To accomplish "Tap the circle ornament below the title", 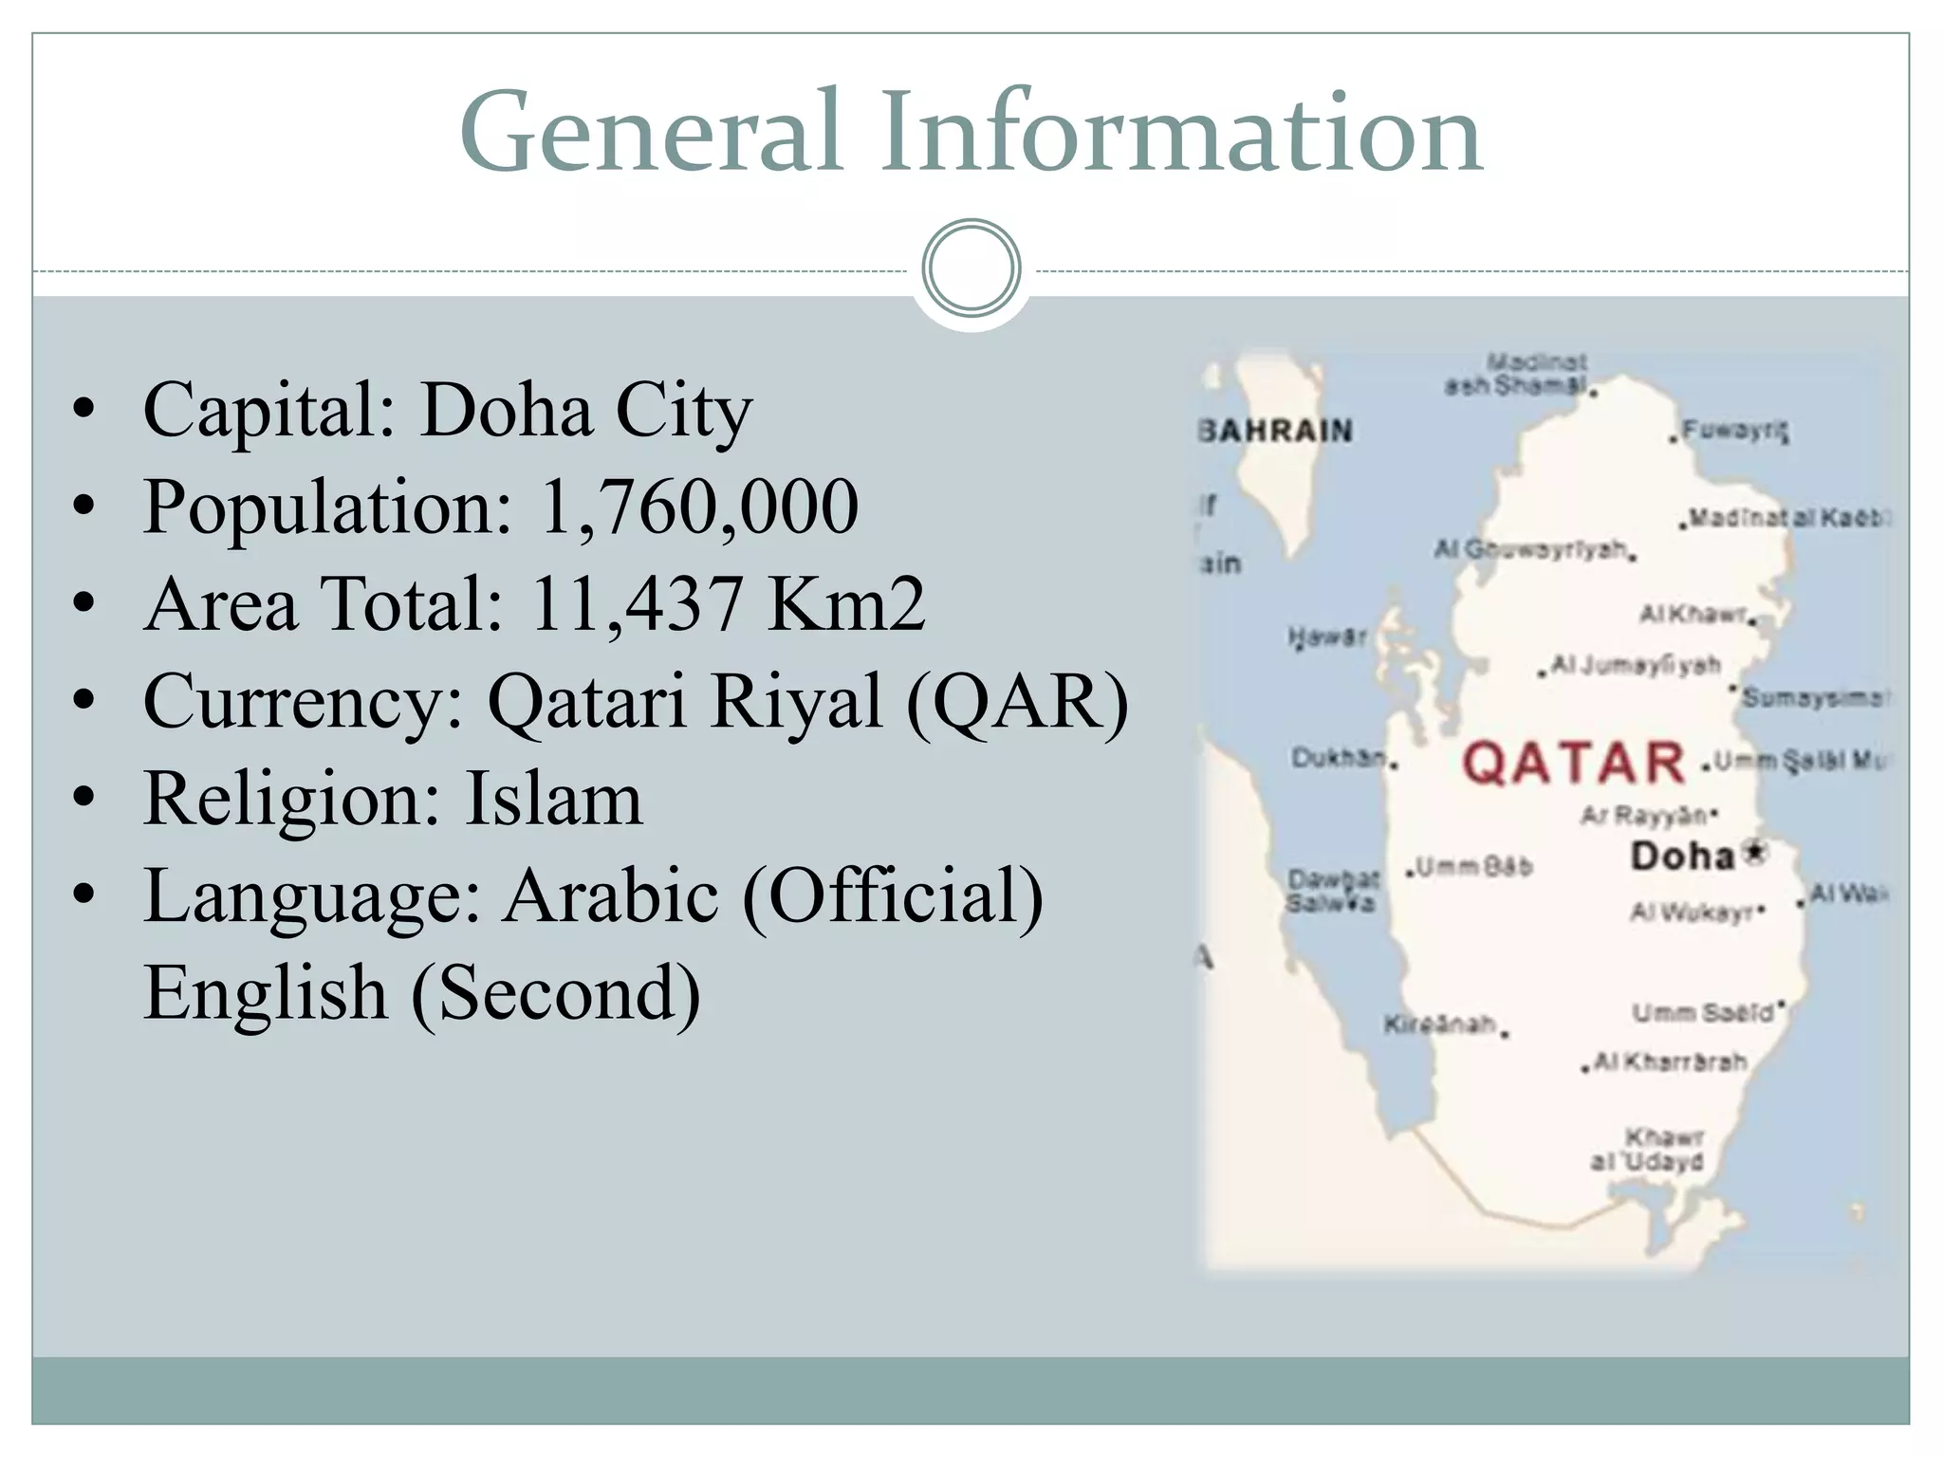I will (x=971, y=268).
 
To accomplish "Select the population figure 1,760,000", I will (x=699, y=507).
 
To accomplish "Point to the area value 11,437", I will (x=636, y=604).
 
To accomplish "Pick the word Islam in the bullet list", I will (x=553, y=799).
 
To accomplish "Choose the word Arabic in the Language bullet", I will (x=611, y=895).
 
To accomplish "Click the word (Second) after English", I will (x=556, y=993).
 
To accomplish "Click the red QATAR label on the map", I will (x=1573, y=764).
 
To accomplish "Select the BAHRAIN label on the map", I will (x=1277, y=432).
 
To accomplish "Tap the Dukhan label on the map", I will (x=1340, y=758).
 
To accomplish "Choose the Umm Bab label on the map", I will (x=1473, y=867).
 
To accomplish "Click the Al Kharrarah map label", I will (x=1669, y=1062).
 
